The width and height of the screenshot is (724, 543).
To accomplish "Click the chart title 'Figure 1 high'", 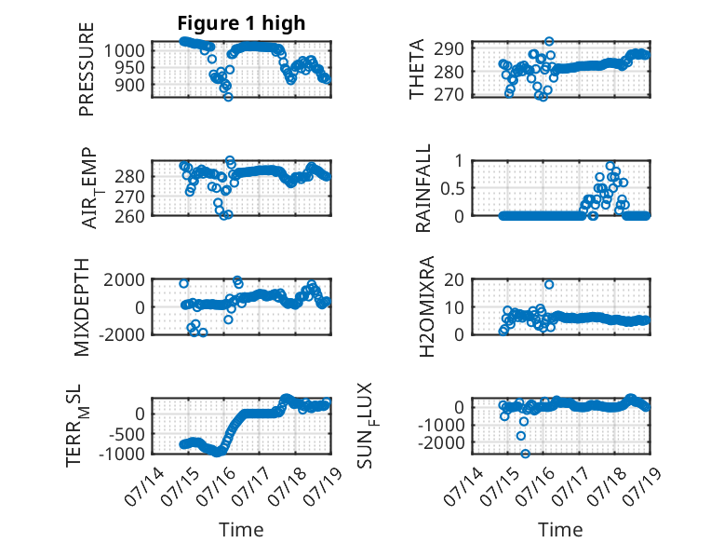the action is point(241,23).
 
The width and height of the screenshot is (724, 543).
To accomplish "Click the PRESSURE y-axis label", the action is point(87,69).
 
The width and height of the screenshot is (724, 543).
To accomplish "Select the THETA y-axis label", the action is point(417,69).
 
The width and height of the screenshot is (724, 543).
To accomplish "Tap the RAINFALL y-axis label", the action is point(422,188).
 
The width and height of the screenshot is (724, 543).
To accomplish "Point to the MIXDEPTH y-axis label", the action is point(82,307).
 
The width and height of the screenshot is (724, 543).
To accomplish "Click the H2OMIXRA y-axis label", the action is point(426,306).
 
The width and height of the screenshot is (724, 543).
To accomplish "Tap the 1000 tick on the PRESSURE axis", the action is point(124,50).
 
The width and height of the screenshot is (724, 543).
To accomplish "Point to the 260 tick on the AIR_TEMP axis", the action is point(129,216).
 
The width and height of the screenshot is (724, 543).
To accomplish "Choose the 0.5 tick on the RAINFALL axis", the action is point(452,188).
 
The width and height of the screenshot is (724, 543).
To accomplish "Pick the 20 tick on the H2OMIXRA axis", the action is point(454,279).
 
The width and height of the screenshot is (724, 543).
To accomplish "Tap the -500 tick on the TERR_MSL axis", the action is point(127,434).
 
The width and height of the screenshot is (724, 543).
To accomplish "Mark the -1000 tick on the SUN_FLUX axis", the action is point(441,425).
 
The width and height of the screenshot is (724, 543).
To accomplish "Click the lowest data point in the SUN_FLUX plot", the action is point(526,454).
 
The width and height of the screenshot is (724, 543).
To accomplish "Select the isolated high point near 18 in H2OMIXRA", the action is point(549,285).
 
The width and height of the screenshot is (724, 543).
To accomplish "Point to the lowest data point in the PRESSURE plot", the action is point(228,97).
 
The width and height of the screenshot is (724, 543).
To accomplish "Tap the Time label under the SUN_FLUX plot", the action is point(560,530).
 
